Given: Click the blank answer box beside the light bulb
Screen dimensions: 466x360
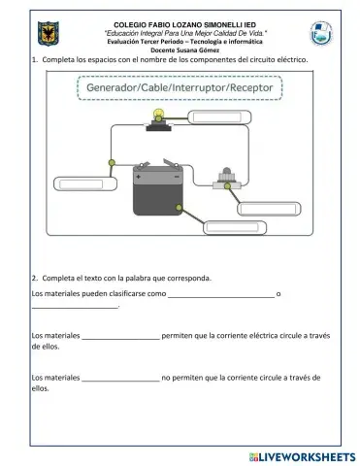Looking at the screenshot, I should pos(223,119).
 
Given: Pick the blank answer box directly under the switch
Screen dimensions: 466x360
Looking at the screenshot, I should pos(271,208).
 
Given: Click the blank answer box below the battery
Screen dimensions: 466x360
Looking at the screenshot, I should pos(235,227).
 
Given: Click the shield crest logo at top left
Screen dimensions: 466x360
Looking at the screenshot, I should pos(47,36).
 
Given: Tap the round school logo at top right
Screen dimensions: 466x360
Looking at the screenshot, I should pos(321,35).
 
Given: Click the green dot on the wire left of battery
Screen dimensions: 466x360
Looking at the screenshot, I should pos(112,163).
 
